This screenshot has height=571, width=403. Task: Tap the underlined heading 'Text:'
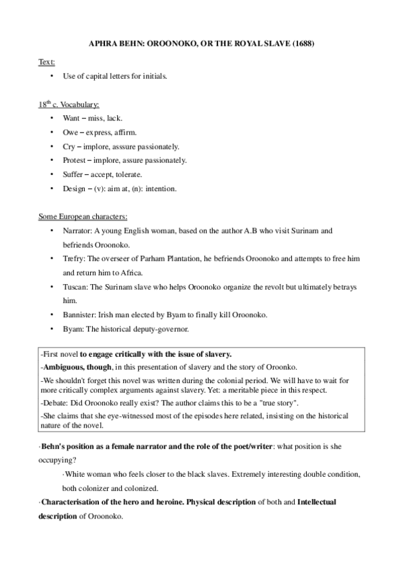pyautogui.click(x=46, y=62)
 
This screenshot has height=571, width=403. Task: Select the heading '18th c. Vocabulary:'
pyautogui.click(x=69, y=104)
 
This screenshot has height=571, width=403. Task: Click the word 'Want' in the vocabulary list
pyautogui.click(x=71, y=118)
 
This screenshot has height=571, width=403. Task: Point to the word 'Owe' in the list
pyautogui.click(x=71, y=132)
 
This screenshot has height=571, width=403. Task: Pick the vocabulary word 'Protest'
pyautogui.click(x=75, y=160)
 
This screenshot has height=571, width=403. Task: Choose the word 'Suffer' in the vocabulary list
pyautogui.click(x=74, y=174)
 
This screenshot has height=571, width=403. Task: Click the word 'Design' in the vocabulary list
pyautogui.click(x=75, y=189)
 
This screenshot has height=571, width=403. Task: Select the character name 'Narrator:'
pyautogui.click(x=78, y=231)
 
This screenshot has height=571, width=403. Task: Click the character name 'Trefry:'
pyautogui.click(x=75, y=259)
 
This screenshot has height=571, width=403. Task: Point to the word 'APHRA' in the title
pyautogui.click(x=102, y=44)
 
